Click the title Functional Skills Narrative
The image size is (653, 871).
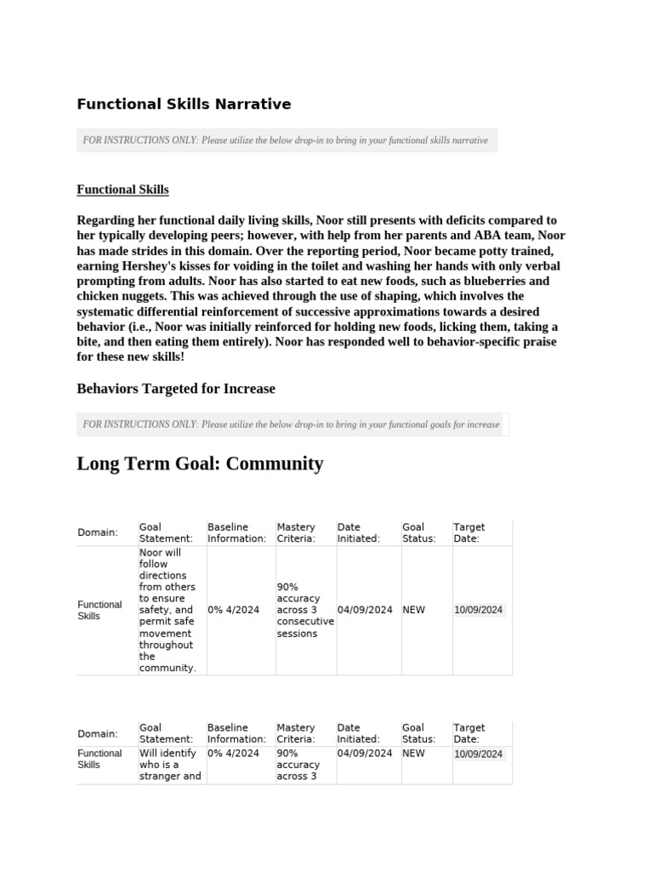184,105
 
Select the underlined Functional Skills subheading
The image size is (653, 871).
122,190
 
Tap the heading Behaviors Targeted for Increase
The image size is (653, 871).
176,389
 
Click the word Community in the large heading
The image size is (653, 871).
276,464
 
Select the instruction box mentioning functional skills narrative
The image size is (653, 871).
287,140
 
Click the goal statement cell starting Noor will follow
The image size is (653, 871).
168,610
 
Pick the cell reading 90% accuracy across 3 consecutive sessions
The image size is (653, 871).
304,610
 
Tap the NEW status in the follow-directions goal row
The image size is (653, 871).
414,610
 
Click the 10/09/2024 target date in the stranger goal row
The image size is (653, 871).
479,754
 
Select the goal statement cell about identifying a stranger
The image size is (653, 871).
170,764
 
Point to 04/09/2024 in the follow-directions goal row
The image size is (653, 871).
365,610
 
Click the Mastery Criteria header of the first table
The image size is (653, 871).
296,532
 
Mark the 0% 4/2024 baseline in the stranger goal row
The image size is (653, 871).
233,754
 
